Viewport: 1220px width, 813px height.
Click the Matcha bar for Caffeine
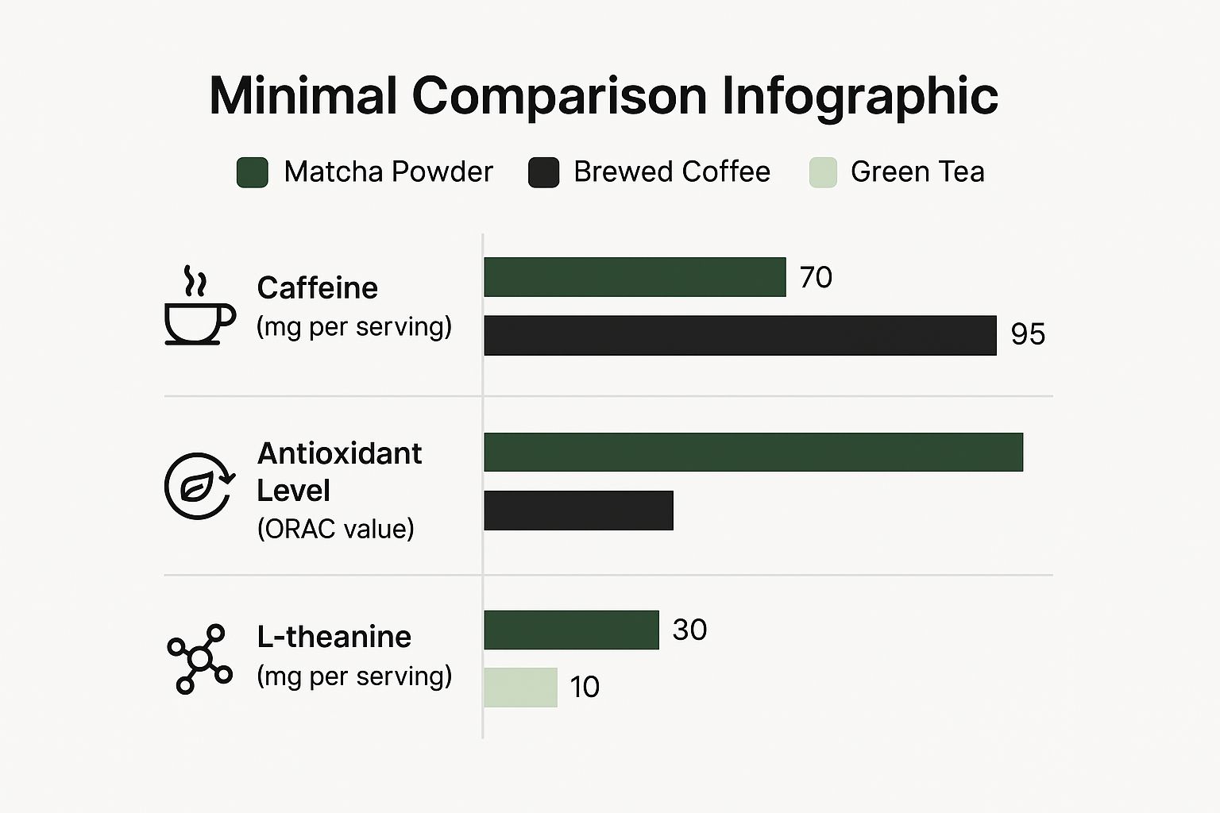point(635,277)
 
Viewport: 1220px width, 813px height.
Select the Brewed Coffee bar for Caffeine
point(739,335)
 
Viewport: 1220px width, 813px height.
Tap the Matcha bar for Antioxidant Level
point(753,452)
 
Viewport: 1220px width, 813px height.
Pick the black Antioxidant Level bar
point(578,510)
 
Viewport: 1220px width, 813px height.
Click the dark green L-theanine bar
point(571,630)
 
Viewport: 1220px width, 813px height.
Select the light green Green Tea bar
point(520,688)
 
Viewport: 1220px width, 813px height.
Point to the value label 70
point(816,277)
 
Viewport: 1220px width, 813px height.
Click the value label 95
point(1028,334)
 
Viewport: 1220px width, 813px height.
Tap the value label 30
point(689,630)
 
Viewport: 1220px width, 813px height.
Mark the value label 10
point(585,688)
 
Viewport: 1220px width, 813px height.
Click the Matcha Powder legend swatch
point(252,172)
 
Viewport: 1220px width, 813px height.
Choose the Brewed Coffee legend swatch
point(543,172)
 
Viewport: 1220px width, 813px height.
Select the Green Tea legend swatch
point(823,172)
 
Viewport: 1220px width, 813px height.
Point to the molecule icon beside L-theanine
point(199,659)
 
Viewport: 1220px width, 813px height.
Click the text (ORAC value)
point(335,529)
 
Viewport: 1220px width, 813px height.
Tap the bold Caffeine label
point(317,287)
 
